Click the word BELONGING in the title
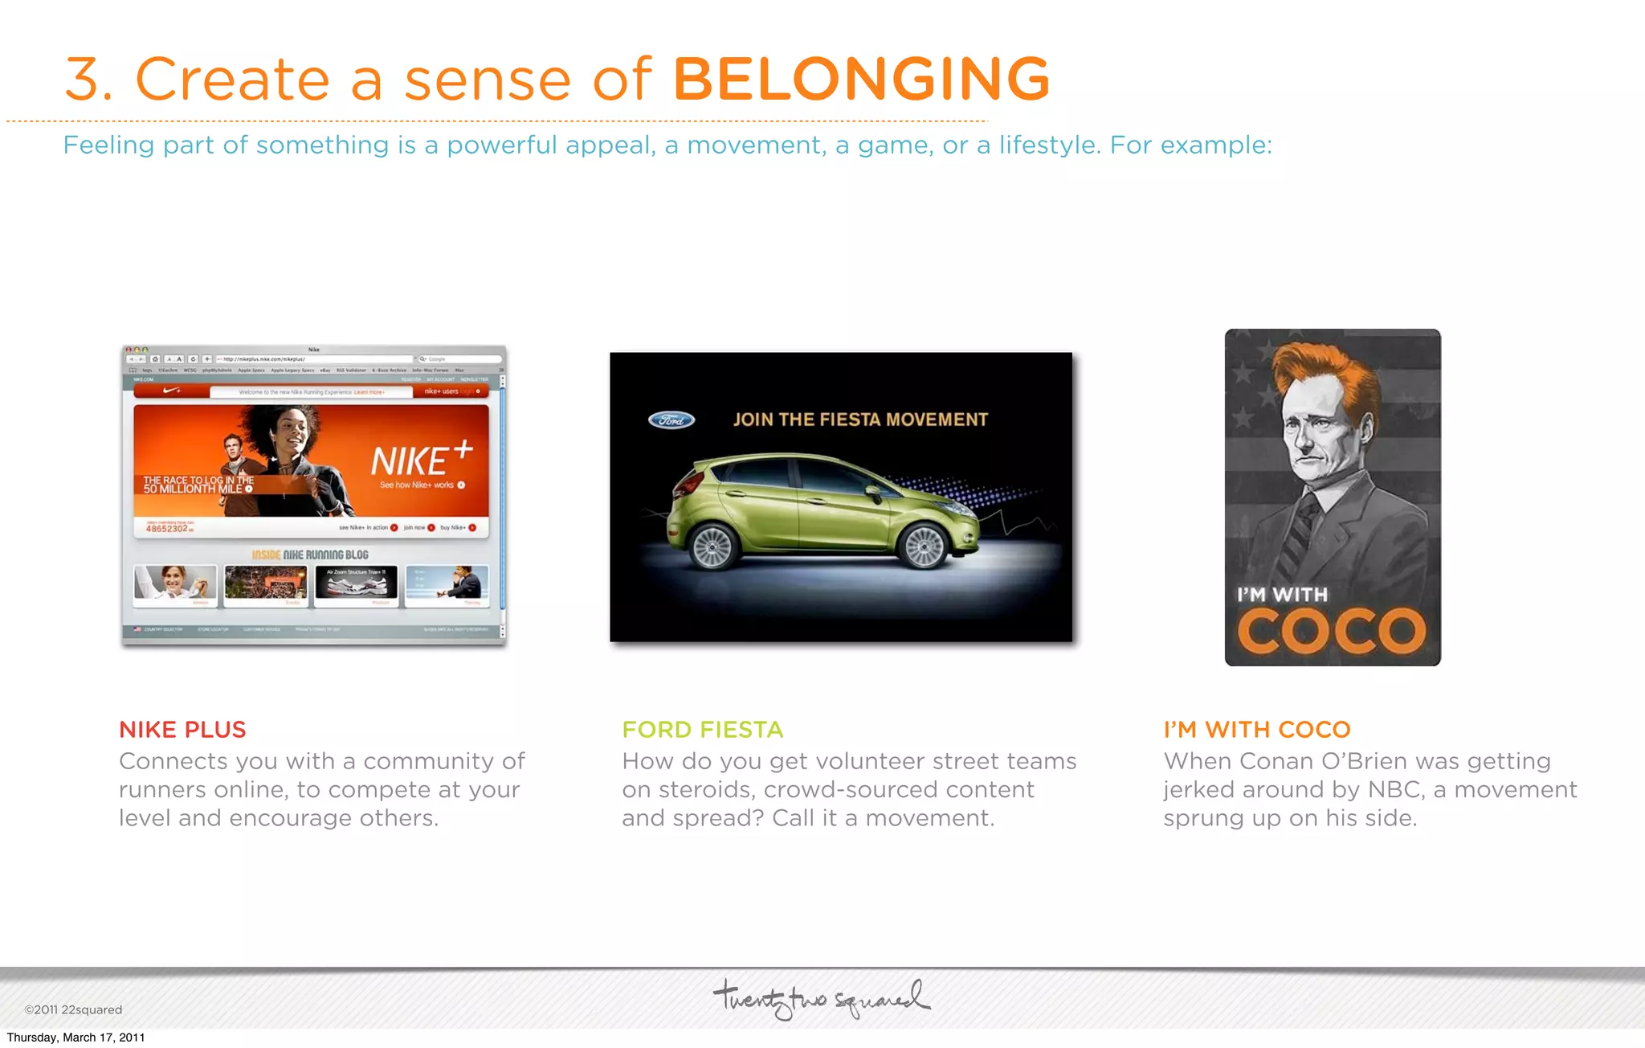coord(861,79)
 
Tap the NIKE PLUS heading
coord(182,730)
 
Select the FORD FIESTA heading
coord(702,730)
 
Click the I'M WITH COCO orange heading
coord(1257,730)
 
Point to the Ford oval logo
coord(671,420)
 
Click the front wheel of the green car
coord(924,547)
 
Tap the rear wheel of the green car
coord(712,548)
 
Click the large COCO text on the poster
coord(1331,632)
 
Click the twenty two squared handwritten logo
coord(821,998)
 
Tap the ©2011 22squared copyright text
coord(73,1009)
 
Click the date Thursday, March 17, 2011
coord(76,1038)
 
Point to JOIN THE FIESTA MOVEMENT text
coord(860,420)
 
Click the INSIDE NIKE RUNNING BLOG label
coord(310,555)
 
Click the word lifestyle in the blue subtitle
coord(1047,145)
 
